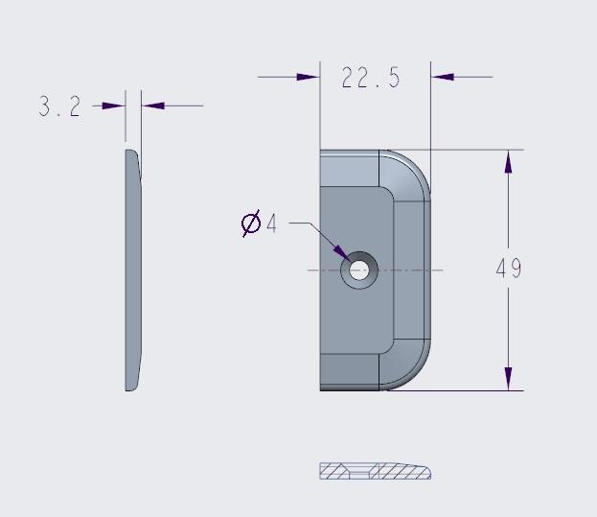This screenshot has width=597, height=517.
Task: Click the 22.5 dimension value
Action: coord(371,79)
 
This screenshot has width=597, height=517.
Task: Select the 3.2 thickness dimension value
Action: coord(59,106)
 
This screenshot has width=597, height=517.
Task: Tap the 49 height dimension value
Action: coord(509,269)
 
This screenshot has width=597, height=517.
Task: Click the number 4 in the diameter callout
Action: coord(271,224)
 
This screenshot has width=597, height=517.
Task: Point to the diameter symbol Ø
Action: coord(251,224)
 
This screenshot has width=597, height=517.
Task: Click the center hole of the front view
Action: coord(359,270)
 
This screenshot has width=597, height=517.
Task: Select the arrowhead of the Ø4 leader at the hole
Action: coord(341,252)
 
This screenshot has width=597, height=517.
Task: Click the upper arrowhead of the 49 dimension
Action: coord(508,162)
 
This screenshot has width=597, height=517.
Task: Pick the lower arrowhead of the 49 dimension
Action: coord(508,378)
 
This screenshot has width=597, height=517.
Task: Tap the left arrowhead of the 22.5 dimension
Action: coord(309,77)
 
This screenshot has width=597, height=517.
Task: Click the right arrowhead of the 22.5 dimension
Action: coord(443,77)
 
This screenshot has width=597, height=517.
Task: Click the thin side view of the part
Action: coord(133,270)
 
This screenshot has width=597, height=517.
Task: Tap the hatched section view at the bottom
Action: coord(374,471)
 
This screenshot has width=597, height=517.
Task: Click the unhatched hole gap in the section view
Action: coord(359,472)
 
